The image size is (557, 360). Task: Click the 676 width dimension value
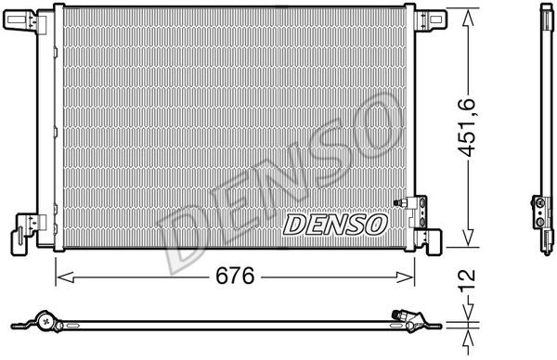tap(235, 276)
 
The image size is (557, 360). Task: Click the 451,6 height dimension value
tap(466, 127)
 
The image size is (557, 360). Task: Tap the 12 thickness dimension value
tap(467, 280)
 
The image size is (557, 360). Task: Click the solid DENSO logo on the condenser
tap(335, 225)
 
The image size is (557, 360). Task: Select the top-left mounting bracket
tap(24, 20)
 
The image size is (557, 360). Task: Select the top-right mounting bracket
tap(430, 19)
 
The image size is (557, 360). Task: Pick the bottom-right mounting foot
tap(431, 240)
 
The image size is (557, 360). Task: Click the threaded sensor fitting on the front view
tap(401, 202)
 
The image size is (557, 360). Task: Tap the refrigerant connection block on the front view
tap(419, 212)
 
